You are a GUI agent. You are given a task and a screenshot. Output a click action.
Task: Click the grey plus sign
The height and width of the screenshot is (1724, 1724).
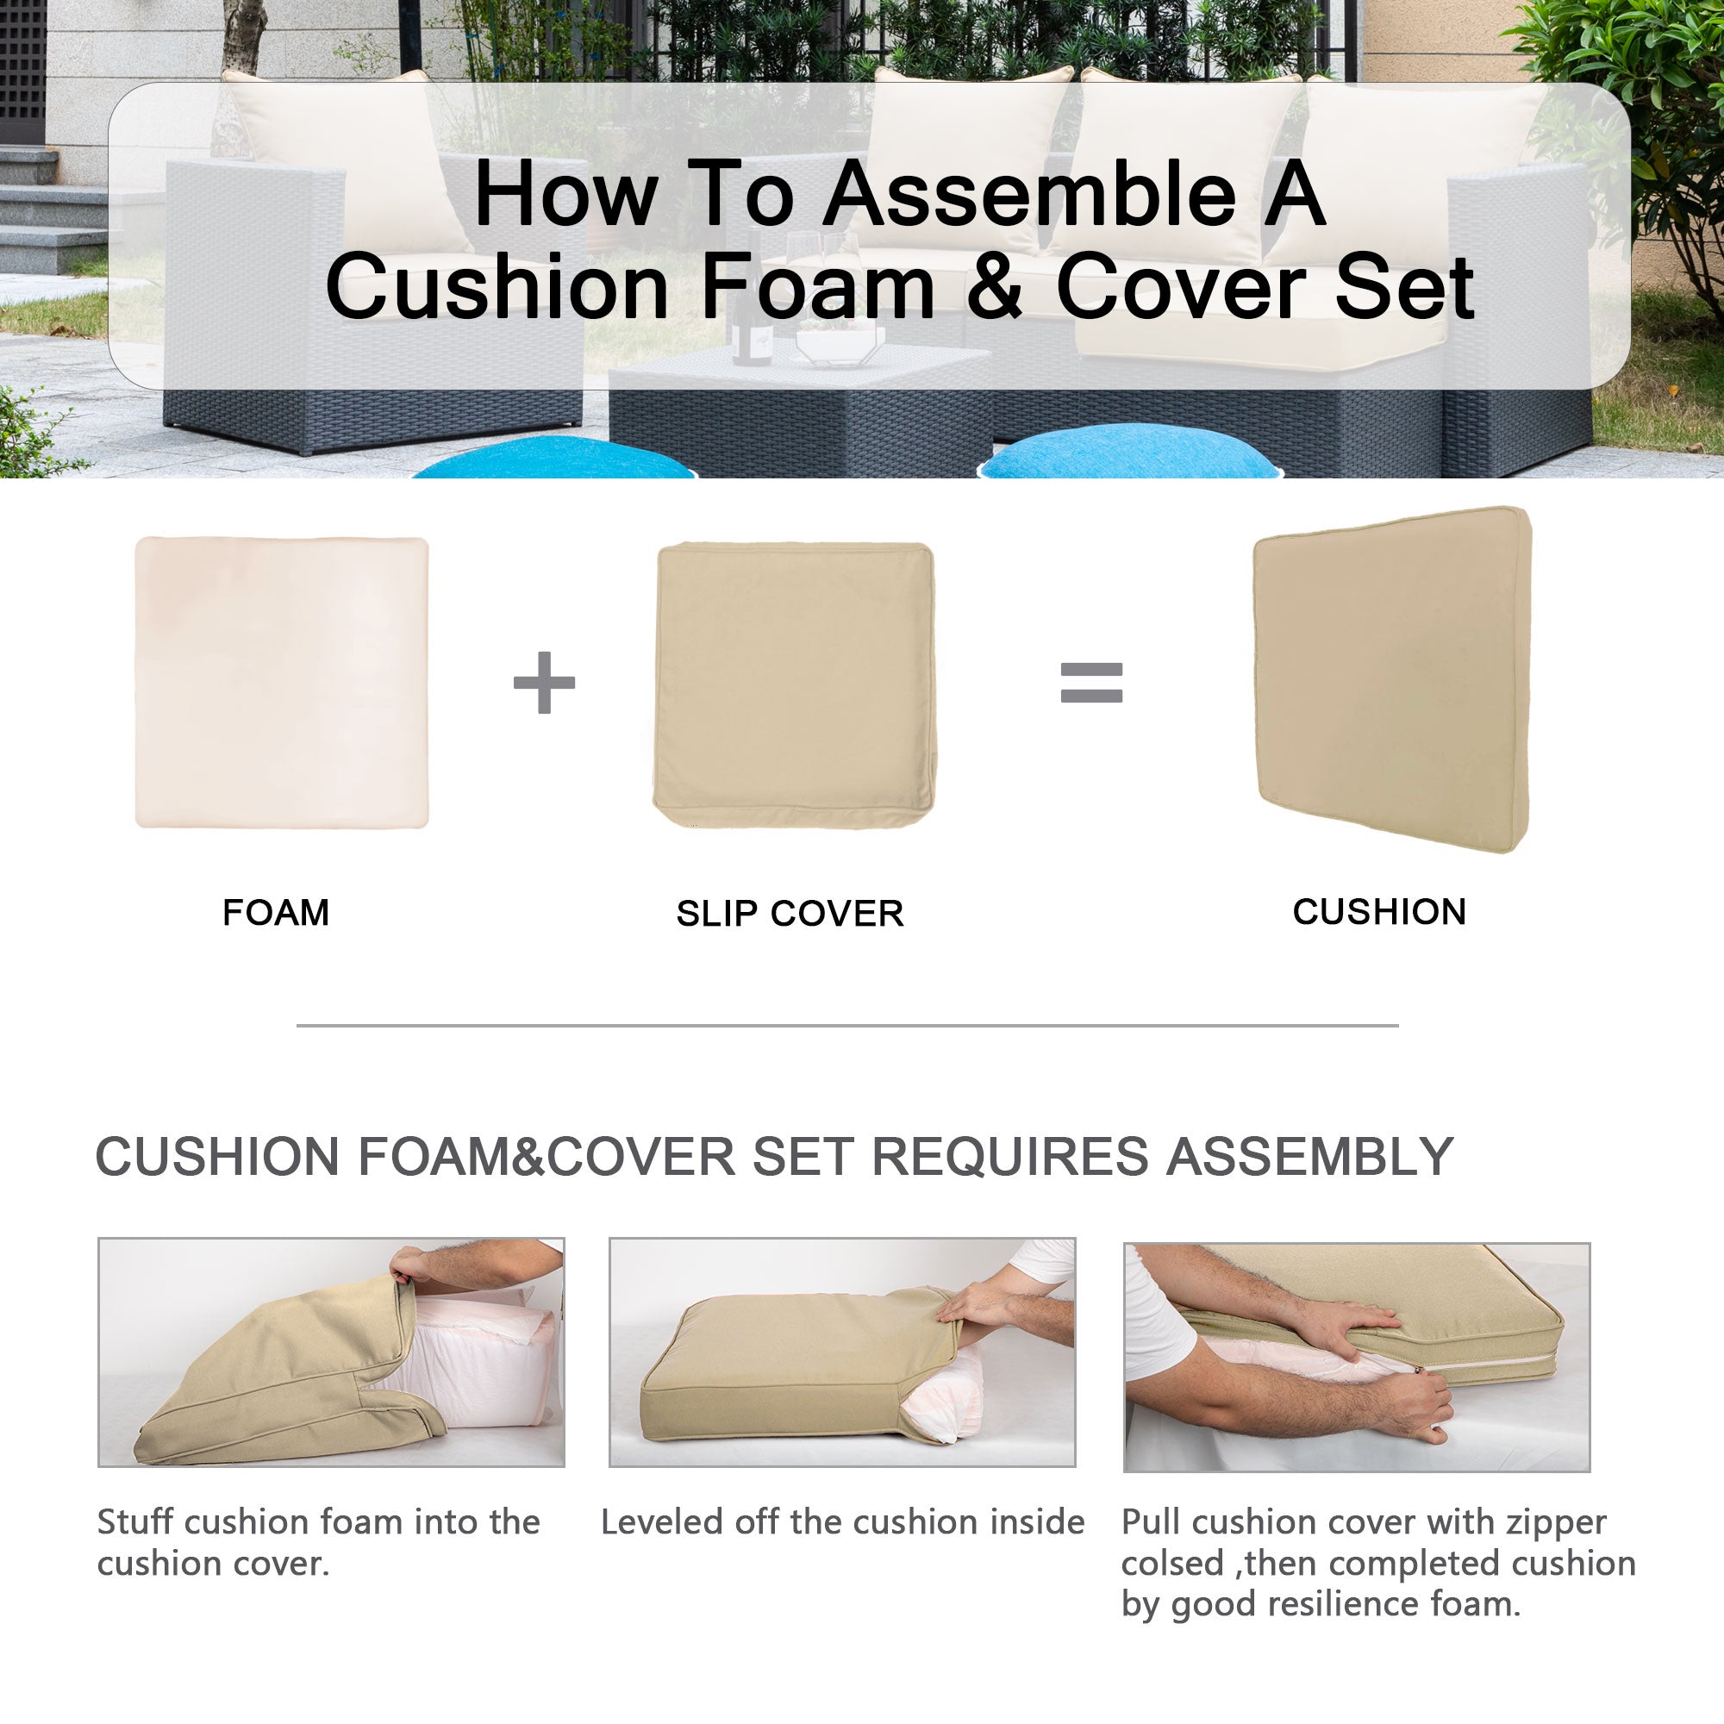[x=544, y=683]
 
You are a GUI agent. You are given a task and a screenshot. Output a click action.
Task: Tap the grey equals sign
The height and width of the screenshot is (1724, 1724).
[x=1091, y=683]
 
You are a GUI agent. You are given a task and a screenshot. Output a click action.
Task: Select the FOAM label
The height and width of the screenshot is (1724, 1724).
[x=276, y=913]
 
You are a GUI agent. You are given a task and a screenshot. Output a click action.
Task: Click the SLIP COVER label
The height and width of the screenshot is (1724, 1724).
[x=790, y=914]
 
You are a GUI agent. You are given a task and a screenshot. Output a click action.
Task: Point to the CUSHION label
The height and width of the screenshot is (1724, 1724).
[x=1379, y=912]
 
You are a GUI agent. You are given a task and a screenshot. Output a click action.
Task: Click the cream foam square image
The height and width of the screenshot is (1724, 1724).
[x=282, y=683]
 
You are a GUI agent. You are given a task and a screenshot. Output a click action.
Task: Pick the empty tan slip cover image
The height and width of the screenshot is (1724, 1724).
[x=794, y=685]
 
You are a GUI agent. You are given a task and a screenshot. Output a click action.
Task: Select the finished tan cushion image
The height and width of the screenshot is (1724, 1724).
[x=1392, y=680]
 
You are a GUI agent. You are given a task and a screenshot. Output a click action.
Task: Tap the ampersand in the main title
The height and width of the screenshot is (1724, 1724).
[x=995, y=287]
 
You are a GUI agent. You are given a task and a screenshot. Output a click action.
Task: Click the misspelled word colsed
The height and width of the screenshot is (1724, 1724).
[x=1172, y=1564]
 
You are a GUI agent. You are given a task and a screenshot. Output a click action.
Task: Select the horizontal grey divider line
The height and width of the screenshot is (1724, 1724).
[x=846, y=1025]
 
